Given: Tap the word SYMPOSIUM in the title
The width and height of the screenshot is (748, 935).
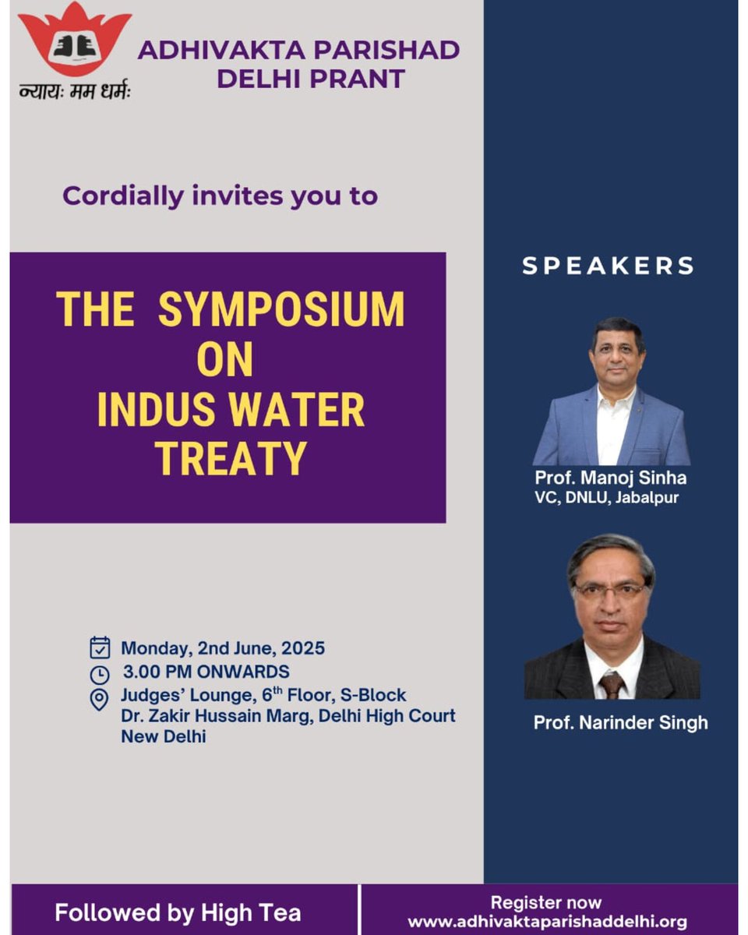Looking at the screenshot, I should [281, 309].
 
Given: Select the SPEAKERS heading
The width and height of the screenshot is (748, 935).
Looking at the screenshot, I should [608, 266].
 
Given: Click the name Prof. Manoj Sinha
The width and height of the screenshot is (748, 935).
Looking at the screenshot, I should [610, 477].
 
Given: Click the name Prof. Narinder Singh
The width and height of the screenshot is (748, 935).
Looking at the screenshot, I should [620, 722].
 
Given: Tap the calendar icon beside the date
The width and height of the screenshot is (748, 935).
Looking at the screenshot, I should [100, 647].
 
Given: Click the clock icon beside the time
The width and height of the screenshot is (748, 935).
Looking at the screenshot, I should [100, 673].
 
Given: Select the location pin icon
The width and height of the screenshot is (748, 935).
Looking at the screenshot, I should [100, 699].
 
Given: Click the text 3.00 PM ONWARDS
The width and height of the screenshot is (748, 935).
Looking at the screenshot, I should [206, 672].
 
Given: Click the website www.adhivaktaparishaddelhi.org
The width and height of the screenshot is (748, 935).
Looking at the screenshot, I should [547, 923].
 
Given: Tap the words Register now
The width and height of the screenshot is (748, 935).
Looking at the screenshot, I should [546, 903].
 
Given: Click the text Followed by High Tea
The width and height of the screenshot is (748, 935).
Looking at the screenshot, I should [178, 912].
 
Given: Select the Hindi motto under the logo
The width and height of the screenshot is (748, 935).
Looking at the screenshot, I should [75, 90].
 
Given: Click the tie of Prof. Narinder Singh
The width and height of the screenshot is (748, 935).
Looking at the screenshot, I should [612, 685].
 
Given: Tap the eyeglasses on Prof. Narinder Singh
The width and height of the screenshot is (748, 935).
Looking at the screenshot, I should [612, 590].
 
